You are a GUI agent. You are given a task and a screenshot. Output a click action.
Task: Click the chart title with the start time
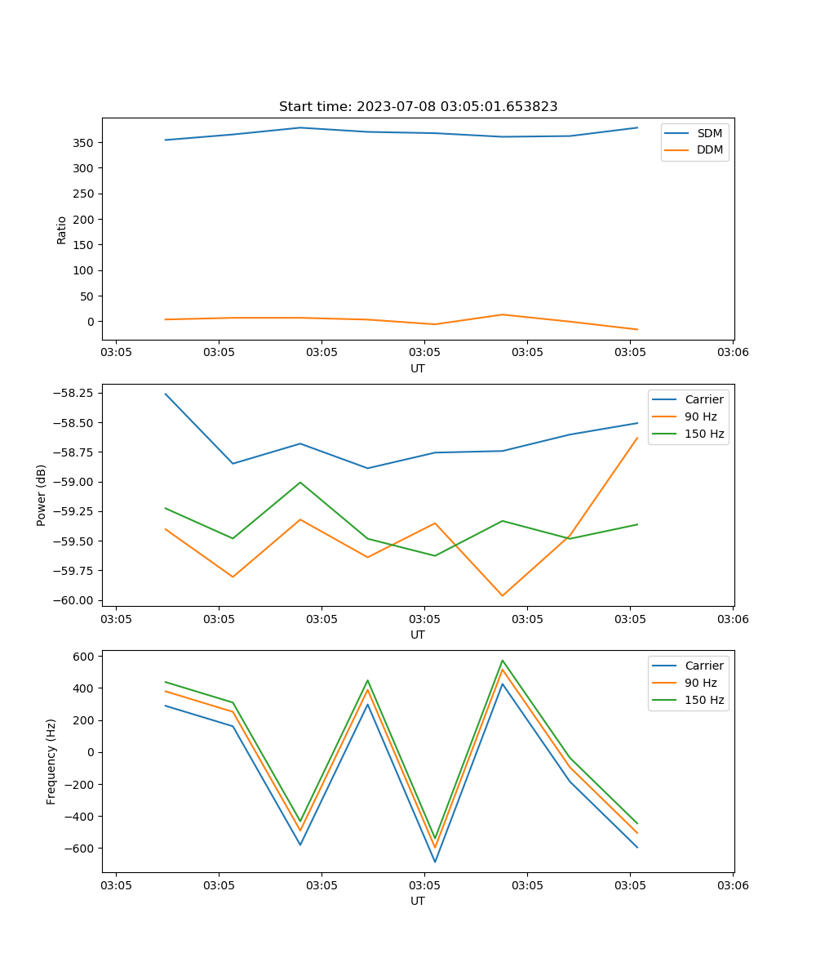coord(418,107)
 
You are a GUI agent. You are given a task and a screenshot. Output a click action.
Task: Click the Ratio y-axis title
coord(62,229)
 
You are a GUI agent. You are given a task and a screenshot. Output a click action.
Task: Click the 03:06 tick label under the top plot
coord(732,353)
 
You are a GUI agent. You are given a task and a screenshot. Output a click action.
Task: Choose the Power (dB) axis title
coord(42,495)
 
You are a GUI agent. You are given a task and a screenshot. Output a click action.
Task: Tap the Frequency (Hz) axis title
coord(51,761)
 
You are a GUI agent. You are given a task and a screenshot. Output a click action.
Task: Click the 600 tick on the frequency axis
coord(84,656)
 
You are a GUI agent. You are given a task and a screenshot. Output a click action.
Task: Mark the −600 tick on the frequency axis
coord(80,848)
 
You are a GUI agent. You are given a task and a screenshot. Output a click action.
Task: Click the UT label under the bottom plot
coord(418,901)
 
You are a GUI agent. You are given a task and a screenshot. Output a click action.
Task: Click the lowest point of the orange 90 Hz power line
coord(503,595)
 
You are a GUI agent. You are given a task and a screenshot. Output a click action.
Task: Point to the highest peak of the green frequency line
coord(503,661)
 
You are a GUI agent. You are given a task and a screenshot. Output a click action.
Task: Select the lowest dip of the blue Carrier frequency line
coord(435,862)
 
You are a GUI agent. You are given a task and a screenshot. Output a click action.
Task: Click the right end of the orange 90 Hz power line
coord(637,438)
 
